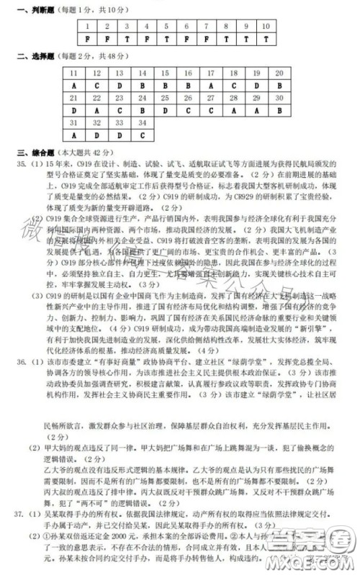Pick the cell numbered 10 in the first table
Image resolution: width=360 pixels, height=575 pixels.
pos(266,25)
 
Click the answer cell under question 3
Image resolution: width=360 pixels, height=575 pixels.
pos(127,39)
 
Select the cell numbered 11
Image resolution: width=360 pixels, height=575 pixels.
pos(73,73)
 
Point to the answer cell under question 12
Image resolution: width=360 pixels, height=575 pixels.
pos(96,86)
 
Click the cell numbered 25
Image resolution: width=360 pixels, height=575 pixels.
pos(165,98)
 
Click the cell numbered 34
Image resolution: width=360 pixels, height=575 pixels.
pos(142,122)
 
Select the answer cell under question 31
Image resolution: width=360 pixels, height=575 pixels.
pos(73,135)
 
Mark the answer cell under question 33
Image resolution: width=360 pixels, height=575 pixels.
pos(120,135)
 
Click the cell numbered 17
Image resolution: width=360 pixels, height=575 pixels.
pos(210,73)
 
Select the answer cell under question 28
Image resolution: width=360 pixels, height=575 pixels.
pos(233,110)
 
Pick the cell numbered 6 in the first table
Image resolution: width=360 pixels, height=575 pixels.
pos(186,25)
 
